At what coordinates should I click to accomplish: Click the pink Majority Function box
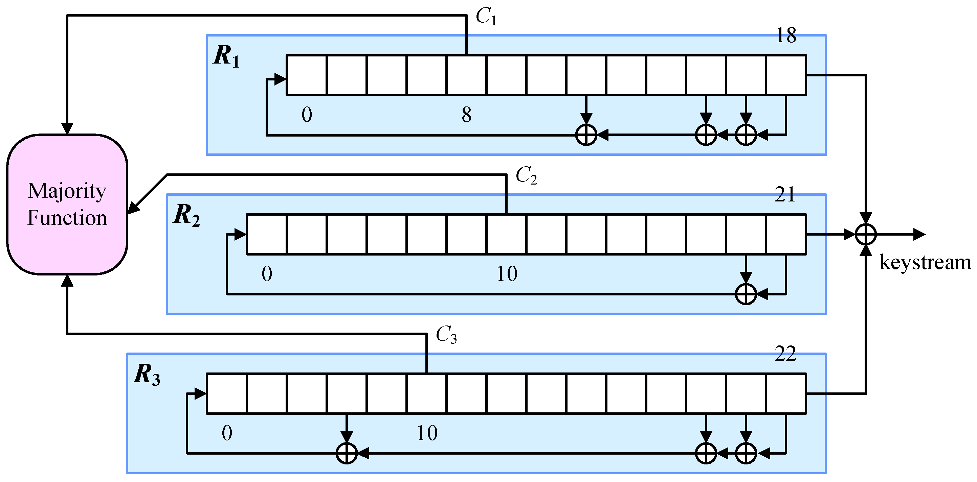tap(67, 204)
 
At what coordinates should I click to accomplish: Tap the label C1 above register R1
tap(486, 17)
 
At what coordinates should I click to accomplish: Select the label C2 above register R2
tap(526, 176)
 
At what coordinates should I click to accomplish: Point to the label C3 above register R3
tap(446, 335)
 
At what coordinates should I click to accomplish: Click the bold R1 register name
tap(226, 56)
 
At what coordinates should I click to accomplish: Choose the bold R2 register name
tap(186, 216)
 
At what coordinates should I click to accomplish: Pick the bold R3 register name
tap(147, 375)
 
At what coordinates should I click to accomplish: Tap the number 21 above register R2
tap(785, 195)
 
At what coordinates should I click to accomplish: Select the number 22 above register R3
tap(785, 354)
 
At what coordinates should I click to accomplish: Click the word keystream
tap(925, 262)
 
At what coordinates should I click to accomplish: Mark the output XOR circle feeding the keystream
tap(866, 235)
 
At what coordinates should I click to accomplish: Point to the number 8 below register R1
tap(466, 115)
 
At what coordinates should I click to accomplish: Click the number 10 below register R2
tap(507, 273)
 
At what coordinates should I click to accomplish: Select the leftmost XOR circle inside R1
tap(586, 135)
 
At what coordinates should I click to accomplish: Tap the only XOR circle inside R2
tap(746, 294)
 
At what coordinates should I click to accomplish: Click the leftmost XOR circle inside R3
tap(347, 453)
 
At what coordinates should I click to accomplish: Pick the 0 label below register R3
tap(227, 433)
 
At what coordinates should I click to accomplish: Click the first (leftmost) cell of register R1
tap(307, 75)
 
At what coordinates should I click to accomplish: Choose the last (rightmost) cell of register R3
tap(786, 393)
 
